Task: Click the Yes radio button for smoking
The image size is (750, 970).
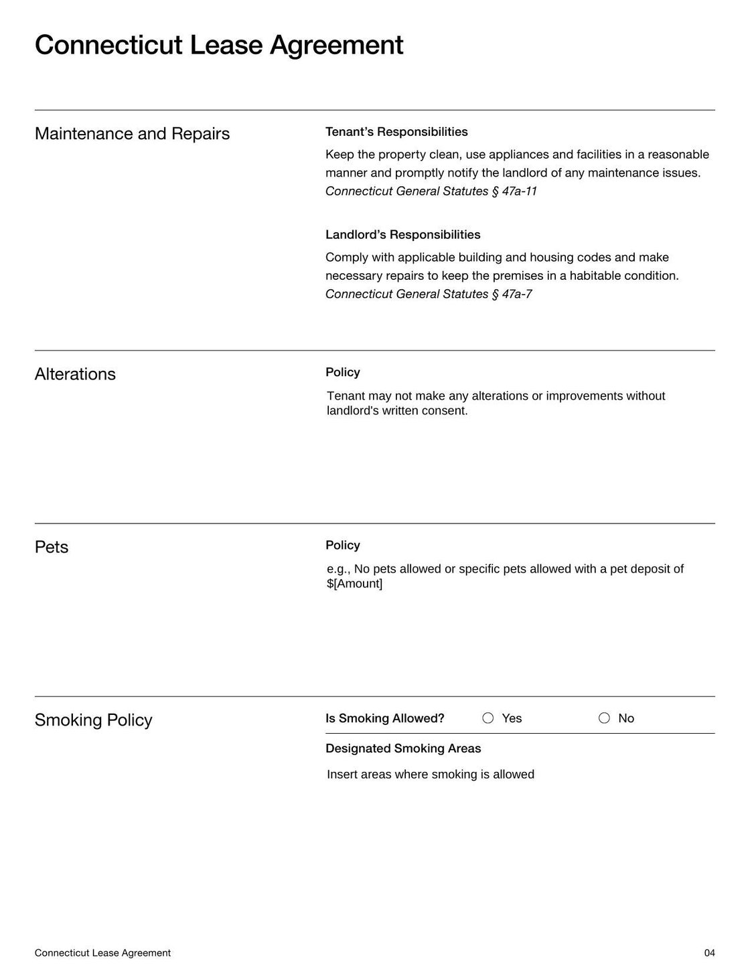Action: tap(488, 718)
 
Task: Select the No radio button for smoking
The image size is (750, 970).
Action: tap(605, 718)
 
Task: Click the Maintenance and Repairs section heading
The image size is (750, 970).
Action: tap(132, 134)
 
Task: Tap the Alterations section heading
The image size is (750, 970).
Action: tap(75, 374)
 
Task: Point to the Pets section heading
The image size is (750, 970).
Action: tap(52, 548)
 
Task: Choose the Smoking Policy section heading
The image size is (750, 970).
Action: tap(93, 720)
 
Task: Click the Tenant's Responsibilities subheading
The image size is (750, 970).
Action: tap(396, 132)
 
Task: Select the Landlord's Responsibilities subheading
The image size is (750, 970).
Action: tap(402, 235)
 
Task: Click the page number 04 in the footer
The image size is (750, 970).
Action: tap(709, 953)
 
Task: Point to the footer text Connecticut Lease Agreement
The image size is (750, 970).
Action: tap(102, 953)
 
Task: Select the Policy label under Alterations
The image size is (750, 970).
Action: tap(343, 372)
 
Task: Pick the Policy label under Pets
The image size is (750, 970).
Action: tap(343, 546)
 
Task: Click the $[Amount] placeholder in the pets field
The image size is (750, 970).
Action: tap(355, 584)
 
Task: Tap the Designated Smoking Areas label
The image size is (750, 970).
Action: tap(403, 748)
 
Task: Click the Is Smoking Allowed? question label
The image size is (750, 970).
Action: tap(385, 718)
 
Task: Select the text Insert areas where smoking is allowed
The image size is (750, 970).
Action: tap(431, 775)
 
